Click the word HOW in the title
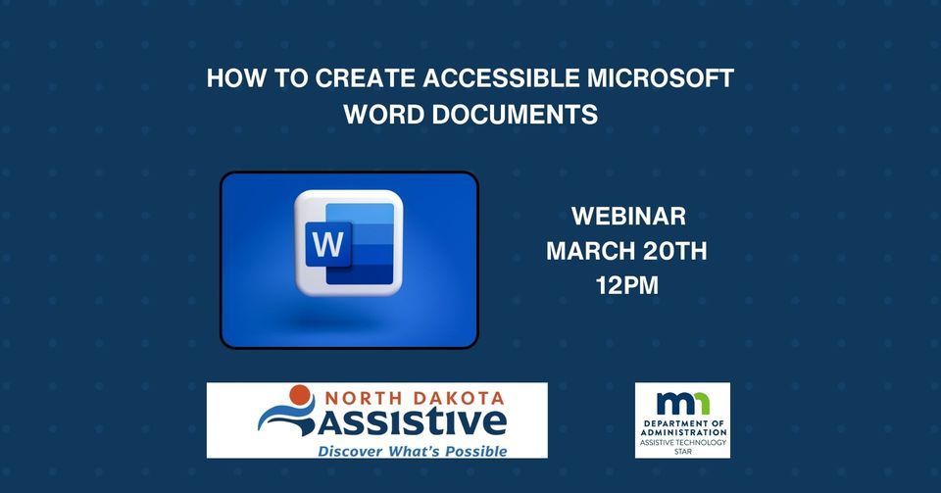[x=235, y=79]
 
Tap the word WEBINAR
[x=627, y=216]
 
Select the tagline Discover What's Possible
[x=413, y=451]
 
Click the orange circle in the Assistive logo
[x=299, y=396]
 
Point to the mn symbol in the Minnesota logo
[x=682, y=402]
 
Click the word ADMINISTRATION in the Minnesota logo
[x=682, y=432]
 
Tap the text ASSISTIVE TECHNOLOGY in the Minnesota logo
[x=682, y=443]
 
